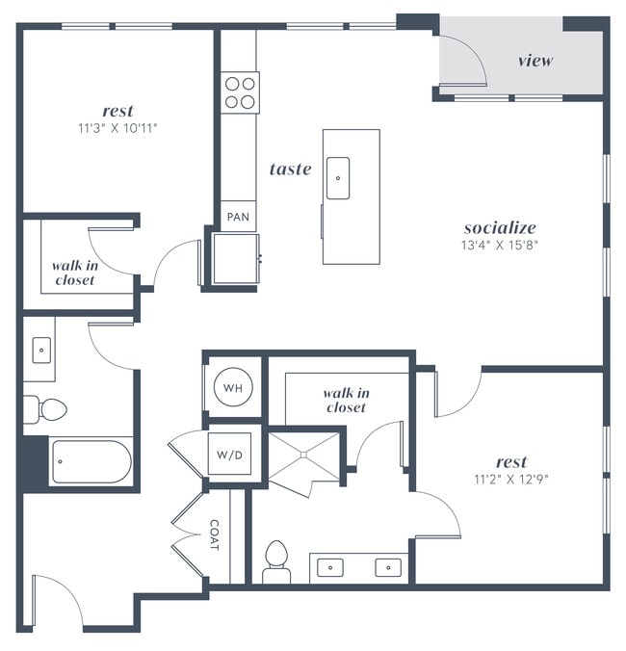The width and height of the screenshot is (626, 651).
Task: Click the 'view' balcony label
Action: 535,61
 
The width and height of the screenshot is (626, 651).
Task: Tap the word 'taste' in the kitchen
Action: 290,169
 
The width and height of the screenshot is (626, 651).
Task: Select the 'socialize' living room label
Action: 500,228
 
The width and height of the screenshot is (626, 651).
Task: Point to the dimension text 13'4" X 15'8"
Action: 500,245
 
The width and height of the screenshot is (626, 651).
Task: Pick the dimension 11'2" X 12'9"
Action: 510,479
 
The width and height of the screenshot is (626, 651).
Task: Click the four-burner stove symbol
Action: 241,91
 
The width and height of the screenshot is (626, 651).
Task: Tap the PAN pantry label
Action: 238,218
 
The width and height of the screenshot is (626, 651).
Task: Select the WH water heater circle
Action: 232,388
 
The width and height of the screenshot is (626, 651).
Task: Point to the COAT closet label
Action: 214,535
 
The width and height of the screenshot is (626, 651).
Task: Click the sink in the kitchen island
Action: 338,179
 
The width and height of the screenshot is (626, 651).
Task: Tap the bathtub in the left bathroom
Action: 91,462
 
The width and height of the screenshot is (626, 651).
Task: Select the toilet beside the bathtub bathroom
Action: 45,409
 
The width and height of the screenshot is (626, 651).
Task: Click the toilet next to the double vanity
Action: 276,560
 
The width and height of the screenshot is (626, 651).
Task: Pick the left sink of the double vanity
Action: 331,566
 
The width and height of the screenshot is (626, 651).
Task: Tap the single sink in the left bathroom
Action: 42,351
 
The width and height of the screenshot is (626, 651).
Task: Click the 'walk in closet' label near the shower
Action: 345,400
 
